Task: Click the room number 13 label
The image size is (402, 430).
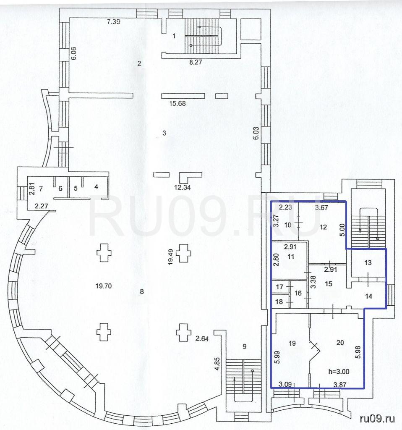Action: click(368, 263)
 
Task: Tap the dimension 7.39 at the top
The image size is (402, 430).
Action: click(113, 21)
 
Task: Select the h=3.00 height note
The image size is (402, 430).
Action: click(339, 372)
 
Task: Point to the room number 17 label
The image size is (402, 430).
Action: click(279, 287)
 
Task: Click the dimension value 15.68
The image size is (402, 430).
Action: click(178, 103)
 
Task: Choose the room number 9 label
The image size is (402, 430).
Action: click(245, 346)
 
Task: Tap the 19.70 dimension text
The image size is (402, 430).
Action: click(104, 286)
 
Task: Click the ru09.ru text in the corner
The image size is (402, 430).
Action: click(377, 419)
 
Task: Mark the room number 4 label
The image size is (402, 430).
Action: click(96, 187)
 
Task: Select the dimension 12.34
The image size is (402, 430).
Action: click(183, 188)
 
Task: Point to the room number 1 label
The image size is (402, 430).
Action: click(174, 36)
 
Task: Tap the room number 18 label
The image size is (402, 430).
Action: click(279, 302)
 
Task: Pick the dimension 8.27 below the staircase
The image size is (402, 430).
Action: click(196, 62)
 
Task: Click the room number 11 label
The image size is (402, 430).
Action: click(291, 257)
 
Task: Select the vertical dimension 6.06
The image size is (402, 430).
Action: click(73, 53)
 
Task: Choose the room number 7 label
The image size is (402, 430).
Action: click(41, 189)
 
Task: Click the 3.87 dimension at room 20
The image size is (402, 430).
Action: click(340, 385)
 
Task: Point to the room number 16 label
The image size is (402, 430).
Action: click(298, 294)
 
